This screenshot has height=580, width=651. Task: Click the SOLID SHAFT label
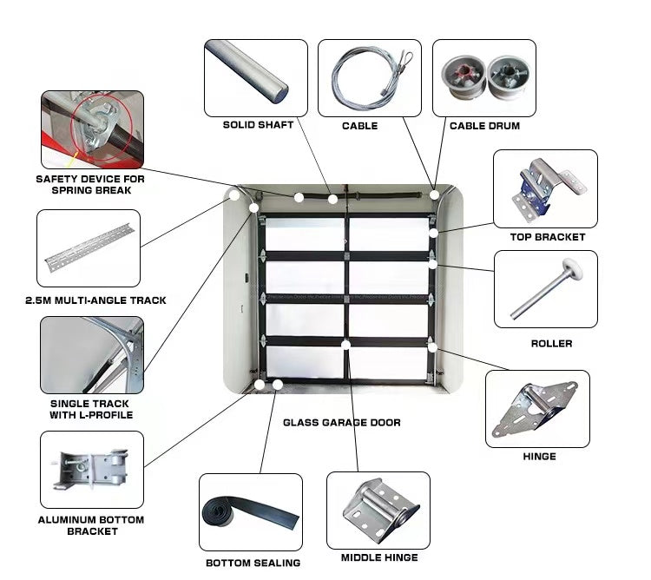[258, 125]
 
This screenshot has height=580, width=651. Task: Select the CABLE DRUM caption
[484, 126]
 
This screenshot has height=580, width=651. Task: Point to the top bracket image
[544, 188]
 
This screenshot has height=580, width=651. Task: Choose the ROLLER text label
[551, 344]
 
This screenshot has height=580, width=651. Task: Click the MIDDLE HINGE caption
[378, 557]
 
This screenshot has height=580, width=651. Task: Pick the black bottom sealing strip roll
[249, 513]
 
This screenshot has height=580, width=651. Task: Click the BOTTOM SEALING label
[253, 563]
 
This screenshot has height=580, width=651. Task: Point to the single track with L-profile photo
[92, 355]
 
